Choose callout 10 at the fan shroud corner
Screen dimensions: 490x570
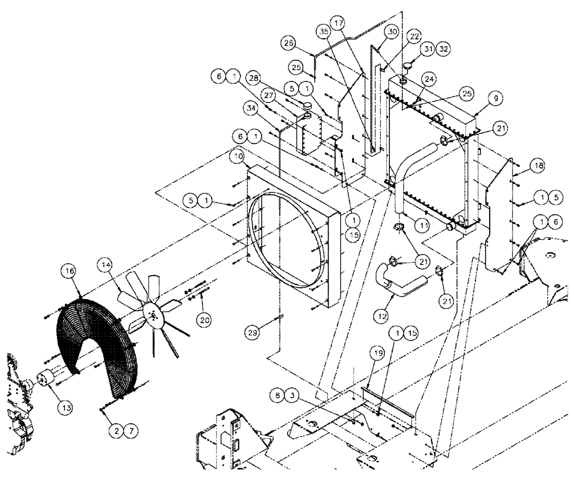point(239,156)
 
